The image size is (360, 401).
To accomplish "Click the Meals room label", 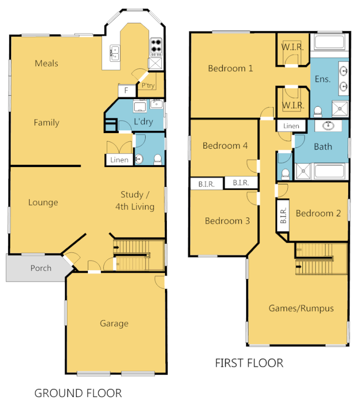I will click(x=46, y=63).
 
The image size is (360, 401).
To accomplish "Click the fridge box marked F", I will click(x=126, y=91).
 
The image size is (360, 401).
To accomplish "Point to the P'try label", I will click(x=148, y=86).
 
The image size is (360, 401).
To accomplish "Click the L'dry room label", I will click(x=143, y=122).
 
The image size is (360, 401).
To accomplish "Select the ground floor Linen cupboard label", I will click(x=119, y=160).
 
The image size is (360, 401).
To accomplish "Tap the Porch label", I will click(x=41, y=268).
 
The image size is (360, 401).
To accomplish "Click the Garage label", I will click(x=114, y=323).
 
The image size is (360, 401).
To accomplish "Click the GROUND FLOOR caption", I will click(x=78, y=393).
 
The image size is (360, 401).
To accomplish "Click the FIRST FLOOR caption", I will click(x=249, y=363).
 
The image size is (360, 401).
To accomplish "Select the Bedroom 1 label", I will click(x=230, y=68).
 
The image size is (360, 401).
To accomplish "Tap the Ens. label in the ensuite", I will click(x=322, y=79).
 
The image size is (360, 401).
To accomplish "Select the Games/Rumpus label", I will click(x=301, y=308).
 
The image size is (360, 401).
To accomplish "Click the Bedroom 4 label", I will click(x=225, y=146).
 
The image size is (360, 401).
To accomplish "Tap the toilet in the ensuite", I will click(x=317, y=111).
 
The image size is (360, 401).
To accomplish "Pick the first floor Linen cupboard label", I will click(x=291, y=126).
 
